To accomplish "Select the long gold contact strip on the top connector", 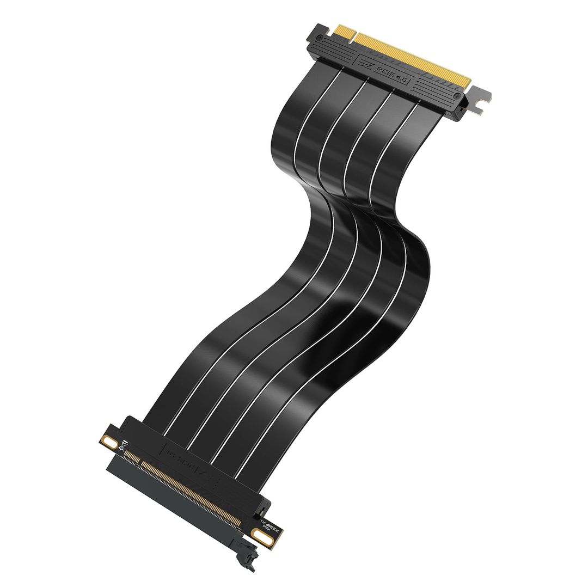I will [414, 57].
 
